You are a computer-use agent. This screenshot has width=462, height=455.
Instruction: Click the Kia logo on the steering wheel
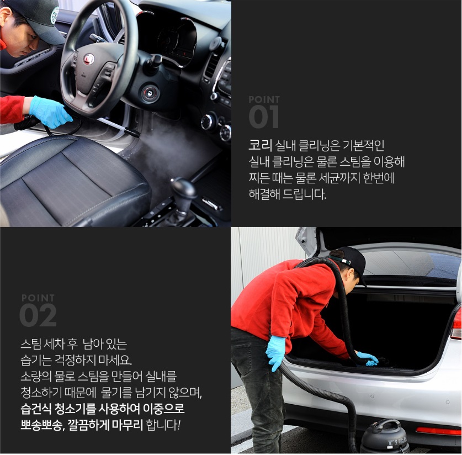[x=88, y=59]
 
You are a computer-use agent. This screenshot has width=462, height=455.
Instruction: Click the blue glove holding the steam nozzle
[x=50, y=112]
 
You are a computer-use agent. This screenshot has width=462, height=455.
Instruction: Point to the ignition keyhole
[x=150, y=93]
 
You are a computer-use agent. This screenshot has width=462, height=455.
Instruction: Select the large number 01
[x=263, y=117]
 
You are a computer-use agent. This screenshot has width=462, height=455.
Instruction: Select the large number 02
[x=38, y=315]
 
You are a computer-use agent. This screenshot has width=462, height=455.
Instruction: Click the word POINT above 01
[x=264, y=99]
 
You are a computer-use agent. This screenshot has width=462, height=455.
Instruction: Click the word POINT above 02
[x=38, y=298]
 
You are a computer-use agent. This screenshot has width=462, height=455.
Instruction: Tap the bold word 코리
[x=260, y=145]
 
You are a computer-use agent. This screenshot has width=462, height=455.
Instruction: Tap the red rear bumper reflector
[x=438, y=431]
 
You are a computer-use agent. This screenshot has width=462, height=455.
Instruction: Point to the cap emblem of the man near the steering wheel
[x=55, y=15]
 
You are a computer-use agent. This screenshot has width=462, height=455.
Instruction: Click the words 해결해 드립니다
[x=287, y=194]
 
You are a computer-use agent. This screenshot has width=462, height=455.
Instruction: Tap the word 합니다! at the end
[x=163, y=425]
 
